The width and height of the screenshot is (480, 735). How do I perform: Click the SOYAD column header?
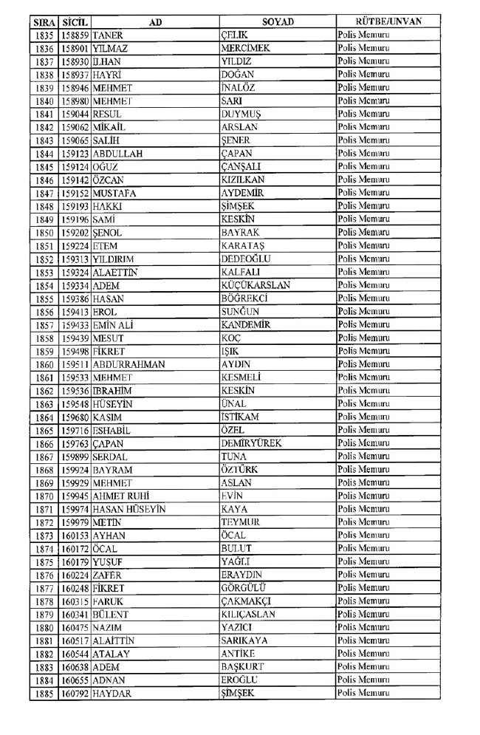[277, 21]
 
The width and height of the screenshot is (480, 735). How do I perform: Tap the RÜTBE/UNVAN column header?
[388, 21]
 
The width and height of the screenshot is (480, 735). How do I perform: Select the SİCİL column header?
[75, 21]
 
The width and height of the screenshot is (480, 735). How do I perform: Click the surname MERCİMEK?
[245, 48]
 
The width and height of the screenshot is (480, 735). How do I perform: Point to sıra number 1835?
[44, 35]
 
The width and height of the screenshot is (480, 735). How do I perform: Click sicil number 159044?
[75, 114]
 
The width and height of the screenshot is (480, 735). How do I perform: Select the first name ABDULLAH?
[117, 154]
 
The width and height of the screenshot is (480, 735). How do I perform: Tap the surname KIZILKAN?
[243, 180]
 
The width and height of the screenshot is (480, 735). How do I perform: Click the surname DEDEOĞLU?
[246, 259]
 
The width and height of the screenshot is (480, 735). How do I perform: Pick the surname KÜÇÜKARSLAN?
[256, 285]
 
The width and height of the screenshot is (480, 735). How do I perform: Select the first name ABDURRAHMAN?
[128, 364]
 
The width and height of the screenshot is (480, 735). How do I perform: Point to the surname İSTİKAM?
[241, 417]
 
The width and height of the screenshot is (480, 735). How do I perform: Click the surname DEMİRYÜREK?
[251, 443]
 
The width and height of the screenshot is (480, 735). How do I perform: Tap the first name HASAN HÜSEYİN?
[128, 509]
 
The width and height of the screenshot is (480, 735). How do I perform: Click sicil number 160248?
[75, 588]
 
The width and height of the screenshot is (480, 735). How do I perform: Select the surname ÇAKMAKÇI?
[247, 601]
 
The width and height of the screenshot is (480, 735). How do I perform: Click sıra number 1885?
[44, 693]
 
